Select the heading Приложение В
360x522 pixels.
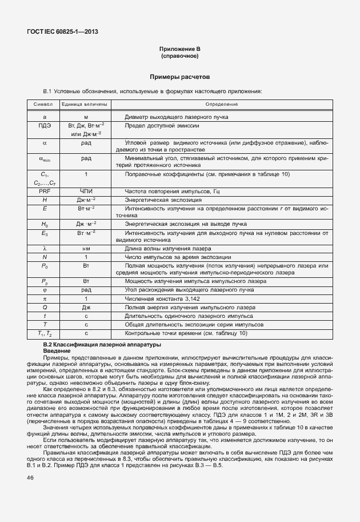[x=179, y=50]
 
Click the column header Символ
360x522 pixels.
[x=43, y=105]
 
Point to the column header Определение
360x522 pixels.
[x=222, y=105]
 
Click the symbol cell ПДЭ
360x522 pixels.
[x=44, y=125]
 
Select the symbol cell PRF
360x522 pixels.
[x=44, y=190]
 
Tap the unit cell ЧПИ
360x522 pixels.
[x=86, y=190]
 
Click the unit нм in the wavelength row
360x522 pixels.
[x=86, y=249]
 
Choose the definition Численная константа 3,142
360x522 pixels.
[x=158, y=298]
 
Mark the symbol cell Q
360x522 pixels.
[x=44, y=307]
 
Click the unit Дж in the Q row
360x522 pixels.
[x=86, y=307]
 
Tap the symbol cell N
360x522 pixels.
[x=44, y=257]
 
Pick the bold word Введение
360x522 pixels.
[x=56, y=350]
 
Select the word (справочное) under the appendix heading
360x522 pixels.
[x=179, y=57]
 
